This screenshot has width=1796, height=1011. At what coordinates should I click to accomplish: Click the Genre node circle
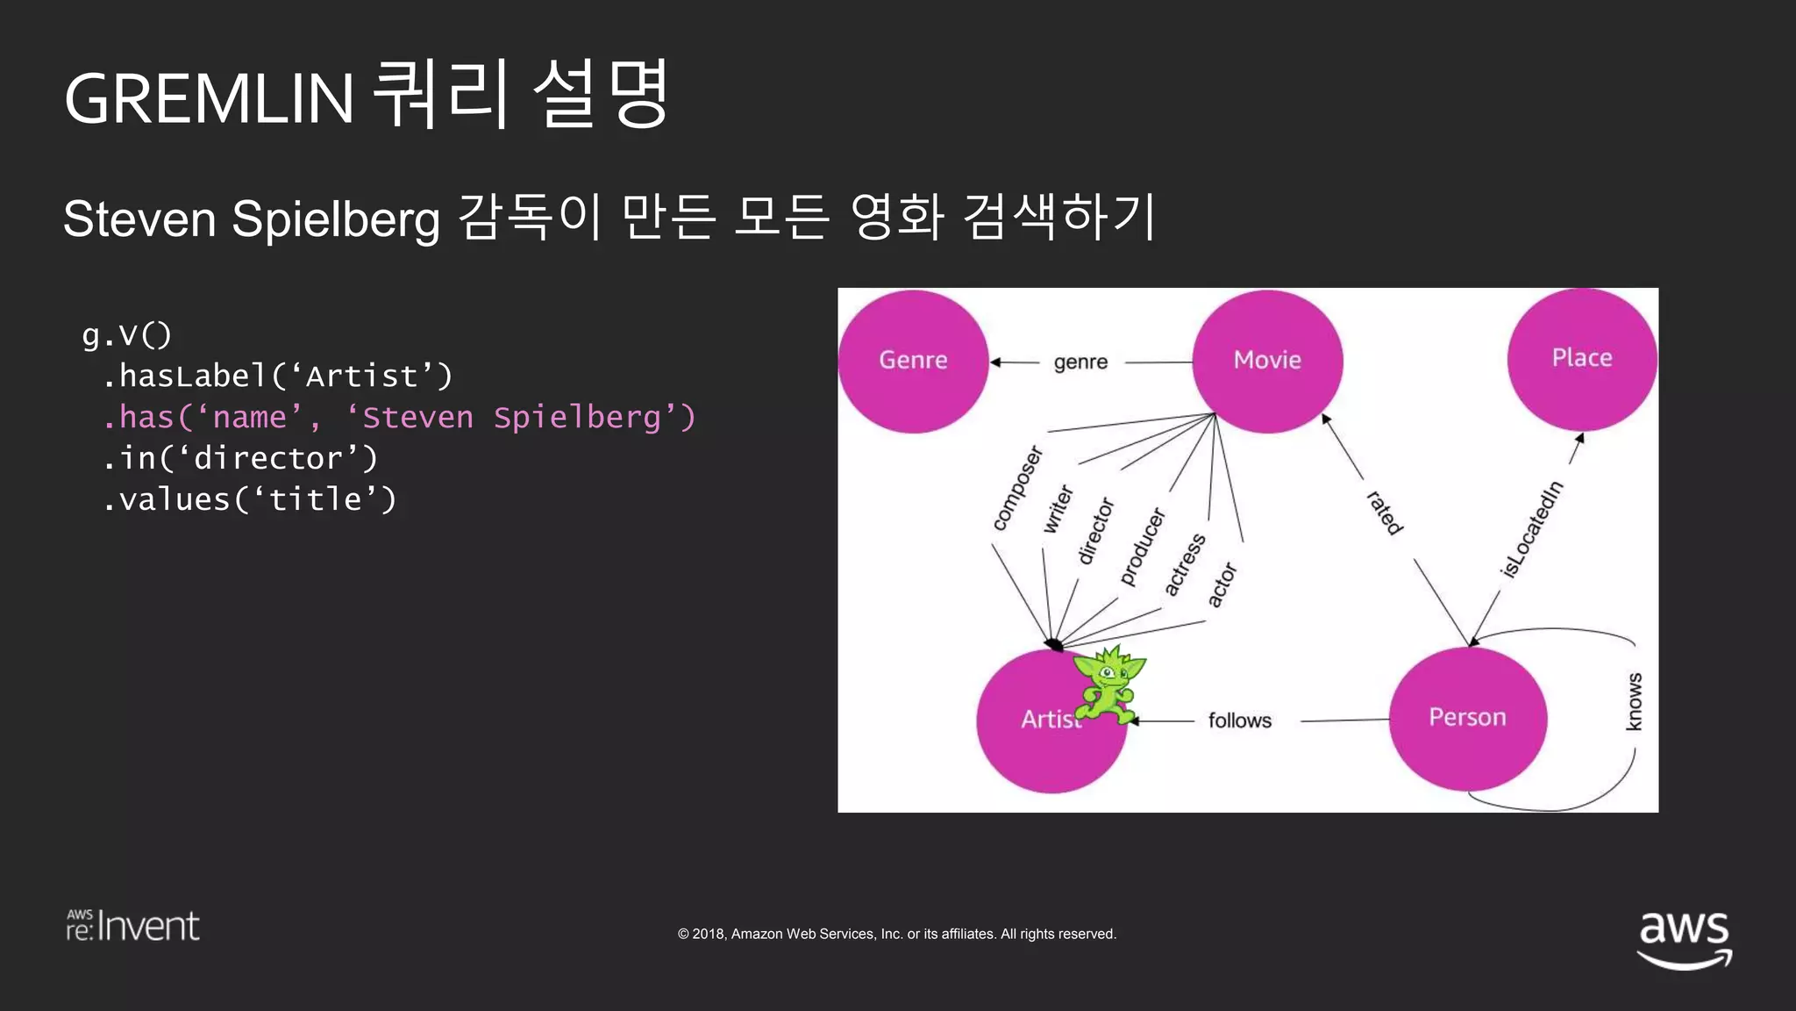913,361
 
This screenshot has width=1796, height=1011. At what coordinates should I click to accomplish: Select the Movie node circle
1267,361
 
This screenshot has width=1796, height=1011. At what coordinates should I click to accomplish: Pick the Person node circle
1467,718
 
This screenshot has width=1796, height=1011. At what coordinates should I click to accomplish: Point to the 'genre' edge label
1080,362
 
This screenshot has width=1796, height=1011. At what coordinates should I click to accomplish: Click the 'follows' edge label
1239,721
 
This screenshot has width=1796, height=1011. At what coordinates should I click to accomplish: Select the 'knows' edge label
1634,701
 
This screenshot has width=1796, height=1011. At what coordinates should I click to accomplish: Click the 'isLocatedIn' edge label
1531,528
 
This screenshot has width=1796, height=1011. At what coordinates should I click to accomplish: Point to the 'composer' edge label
1017,488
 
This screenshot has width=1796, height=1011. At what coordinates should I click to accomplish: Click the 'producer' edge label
1142,546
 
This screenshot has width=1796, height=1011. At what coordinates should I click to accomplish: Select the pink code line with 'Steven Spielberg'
398,417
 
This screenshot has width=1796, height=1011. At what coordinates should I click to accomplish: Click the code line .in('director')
239,458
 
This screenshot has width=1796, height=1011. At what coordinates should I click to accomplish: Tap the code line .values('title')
249,499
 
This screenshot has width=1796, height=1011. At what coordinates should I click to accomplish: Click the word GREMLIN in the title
209,98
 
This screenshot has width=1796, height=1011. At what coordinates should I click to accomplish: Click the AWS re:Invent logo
133,926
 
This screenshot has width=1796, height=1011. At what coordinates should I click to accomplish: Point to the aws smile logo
1684,939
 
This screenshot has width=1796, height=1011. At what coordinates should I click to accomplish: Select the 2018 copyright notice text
896,934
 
